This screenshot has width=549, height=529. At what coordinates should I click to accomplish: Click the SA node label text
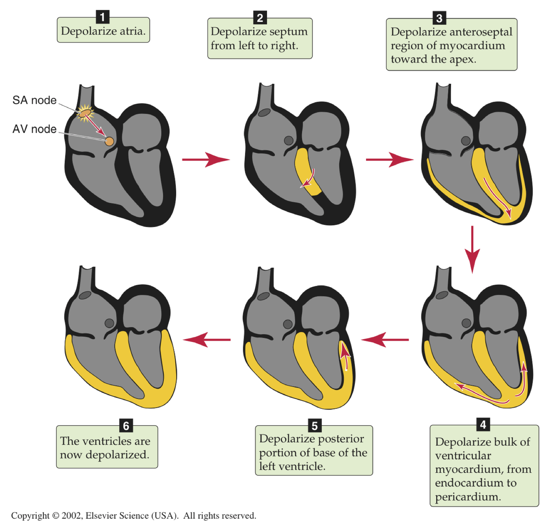click(34, 100)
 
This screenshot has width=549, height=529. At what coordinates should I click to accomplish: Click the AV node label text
click(34, 129)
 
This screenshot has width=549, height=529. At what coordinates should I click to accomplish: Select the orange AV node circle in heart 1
click(109, 142)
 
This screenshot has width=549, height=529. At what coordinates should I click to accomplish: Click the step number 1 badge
click(102, 17)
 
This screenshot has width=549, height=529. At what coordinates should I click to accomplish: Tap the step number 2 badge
click(260, 18)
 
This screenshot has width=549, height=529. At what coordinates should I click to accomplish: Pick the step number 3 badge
click(439, 18)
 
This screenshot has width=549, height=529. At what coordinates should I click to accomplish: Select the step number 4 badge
click(483, 425)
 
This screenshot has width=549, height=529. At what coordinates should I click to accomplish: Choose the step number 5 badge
click(314, 425)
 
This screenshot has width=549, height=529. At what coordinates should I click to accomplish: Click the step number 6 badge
click(126, 425)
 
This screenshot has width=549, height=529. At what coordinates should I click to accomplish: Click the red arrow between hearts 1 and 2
click(205, 159)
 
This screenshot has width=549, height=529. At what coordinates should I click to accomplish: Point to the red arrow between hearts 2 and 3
click(389, 159)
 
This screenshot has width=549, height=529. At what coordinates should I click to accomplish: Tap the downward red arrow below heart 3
click(472, 248)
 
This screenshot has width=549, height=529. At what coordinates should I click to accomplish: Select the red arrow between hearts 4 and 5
click(385, 340)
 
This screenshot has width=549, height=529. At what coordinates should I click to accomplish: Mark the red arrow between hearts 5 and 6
click(207, 340)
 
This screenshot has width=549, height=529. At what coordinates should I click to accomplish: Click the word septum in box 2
click(288, 32)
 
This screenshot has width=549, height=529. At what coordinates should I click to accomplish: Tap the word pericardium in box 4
click(468, 497)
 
